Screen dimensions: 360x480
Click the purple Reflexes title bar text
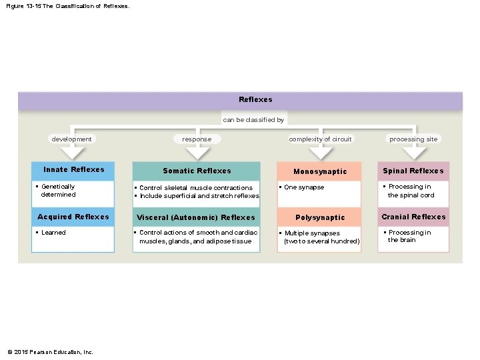click(x=255, y=99)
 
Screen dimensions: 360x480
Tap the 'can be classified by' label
click(x=253, y=120)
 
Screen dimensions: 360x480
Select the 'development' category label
click(x=71, y=139)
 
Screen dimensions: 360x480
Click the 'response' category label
click(x=197, y=139)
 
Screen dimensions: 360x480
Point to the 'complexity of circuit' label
click(x=320, y=139)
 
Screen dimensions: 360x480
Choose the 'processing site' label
click(x=413, y=139)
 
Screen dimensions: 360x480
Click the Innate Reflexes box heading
click(x=73, y=169)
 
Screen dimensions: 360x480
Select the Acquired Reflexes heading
click(x=73, y=217)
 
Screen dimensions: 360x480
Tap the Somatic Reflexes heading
click(x=197, y=171)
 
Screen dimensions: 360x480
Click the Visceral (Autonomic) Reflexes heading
click(x=196, y=217)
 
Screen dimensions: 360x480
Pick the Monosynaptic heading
click(x=320, y=171)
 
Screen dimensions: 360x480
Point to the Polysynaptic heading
click(x=320, y=217)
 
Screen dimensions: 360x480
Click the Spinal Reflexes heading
click(x=413, y=171)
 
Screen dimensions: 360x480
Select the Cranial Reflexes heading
click(x=413, y=217)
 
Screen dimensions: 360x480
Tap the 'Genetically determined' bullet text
click(x=58, y=191)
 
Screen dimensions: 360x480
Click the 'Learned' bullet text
click(x=53, y=233)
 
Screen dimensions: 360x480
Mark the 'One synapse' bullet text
click(x=303, y=187)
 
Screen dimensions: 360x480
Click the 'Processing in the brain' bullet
click(x=409, y=236)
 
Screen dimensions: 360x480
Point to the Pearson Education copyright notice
click(x=50, y=352)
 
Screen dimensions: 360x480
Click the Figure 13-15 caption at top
click(x=67, y=6)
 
